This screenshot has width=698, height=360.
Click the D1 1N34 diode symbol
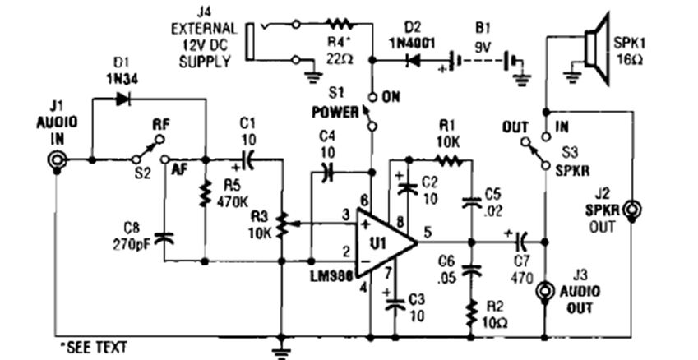click(124, 99)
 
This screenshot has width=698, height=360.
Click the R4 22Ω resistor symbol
click(338, 25)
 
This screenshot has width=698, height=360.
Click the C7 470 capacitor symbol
click(520, 242)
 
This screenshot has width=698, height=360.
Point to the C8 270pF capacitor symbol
click(164, 238)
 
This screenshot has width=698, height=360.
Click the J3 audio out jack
click(545, 292)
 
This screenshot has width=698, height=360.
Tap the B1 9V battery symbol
click(485, 61)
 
